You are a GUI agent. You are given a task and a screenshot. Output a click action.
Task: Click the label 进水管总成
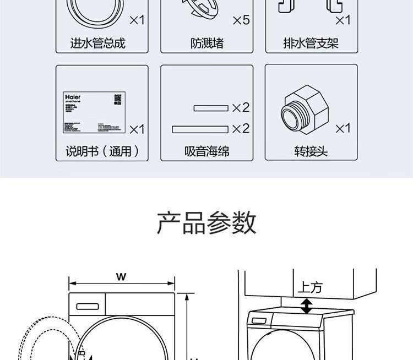pyautogui.click(x=97, y=43)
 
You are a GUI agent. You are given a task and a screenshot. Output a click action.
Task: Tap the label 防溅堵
pyautogui.click(x=207, y=43)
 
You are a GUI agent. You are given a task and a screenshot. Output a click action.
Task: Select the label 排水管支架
pyautogui.click(x=312, y=43)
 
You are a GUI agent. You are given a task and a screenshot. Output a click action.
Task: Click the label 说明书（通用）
pyautogui.click(x=102, y=150)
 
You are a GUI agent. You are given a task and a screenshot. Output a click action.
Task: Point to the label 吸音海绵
pyautogui.click(x=206, y=150)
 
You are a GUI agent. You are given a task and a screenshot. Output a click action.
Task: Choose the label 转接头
pyautogui.click(x=311, y=150)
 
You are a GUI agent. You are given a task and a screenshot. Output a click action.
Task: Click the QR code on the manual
pyautogui.click(x=117, y=99)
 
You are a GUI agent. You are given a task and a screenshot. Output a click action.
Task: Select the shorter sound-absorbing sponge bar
pyautogui.click(x=211, y=108)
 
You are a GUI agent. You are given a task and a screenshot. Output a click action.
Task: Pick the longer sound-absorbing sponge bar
pyautogui.click(x=200, y=129)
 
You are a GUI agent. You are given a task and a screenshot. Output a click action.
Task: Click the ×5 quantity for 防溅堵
pyautogui.click(x=241, y=20)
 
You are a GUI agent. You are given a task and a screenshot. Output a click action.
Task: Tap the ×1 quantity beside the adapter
pyautogui.click(x=343, y=128)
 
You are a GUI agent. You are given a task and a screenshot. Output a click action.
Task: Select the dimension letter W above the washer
pyautogui.click(x=121, y=277)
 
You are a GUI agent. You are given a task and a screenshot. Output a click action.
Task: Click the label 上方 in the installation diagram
pyautogui.click(x=310, y=287)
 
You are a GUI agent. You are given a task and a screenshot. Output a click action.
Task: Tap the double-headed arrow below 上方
pyautogui.click(x=306, y=306)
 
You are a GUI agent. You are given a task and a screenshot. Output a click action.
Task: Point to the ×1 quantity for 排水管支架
pyautogui.click(x=343, y=20)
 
